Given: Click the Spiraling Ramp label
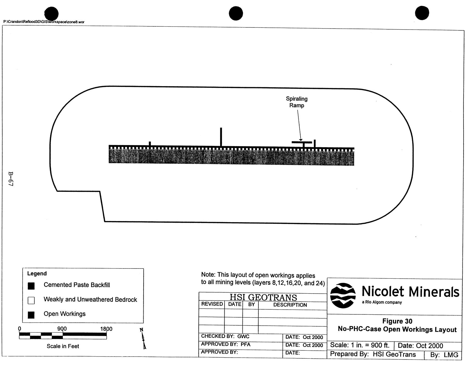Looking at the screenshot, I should point(297,102).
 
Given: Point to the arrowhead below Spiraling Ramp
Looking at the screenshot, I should point(301,140).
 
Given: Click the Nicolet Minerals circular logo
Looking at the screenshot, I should point(343,295).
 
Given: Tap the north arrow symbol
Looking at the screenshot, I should point(143,339).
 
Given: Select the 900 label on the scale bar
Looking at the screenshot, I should point(62,329).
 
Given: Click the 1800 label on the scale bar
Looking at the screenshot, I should point(106,329).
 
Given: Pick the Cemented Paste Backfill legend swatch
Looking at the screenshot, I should point(31,286).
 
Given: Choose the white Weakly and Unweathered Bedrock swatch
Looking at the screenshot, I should point(31,301).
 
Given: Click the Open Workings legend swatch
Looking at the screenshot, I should point(31,315).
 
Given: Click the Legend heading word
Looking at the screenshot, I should point(37,274).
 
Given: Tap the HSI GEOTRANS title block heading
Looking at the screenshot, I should point(263,297).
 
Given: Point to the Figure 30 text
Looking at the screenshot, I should point(397,321).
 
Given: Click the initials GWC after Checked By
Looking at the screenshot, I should point(243,337).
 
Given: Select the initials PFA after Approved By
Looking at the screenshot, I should point(245,344).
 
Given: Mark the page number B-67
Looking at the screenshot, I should point(11,179).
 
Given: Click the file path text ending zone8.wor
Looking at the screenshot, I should point(44,22).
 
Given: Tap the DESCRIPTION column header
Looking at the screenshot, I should point(290,305).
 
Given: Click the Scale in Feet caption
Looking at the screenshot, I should point(63,346).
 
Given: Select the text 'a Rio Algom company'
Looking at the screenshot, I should point(382,302).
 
